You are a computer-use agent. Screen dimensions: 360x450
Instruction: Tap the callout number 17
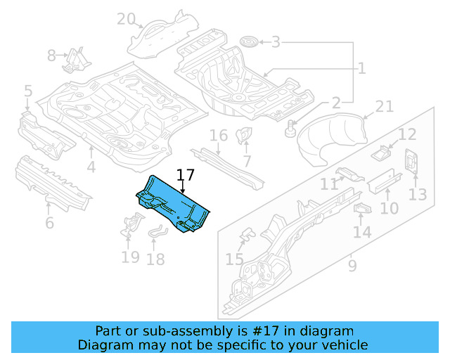(x=184, y=175)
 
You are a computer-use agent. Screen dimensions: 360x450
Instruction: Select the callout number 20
(x=127, y=18)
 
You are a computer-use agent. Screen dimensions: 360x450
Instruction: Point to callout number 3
(x=276, y=42)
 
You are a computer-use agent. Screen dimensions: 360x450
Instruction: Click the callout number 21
(x=384, y=106)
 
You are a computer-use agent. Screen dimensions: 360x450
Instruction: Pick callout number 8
(x=52, y=56)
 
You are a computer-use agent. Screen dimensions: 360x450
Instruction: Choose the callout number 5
(x=27, y=91)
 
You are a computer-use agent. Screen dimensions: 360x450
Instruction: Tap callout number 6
(x=49, y=224)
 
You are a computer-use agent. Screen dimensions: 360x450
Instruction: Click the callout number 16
(x=219, y=135)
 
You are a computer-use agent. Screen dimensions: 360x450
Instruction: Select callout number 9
(x=352, y=265)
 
